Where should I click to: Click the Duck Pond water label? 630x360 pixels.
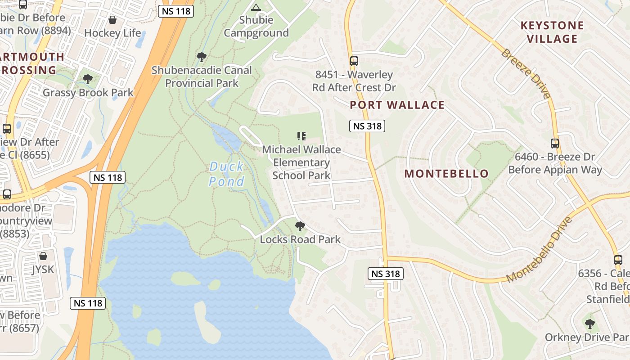click(227, 174)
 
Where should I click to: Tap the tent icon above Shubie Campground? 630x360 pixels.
click(256, 7)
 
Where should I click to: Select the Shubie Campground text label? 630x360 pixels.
click(256, 27)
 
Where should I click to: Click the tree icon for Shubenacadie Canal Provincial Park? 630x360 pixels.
click(202, 57)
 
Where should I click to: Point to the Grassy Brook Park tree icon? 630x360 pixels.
click(88, 79)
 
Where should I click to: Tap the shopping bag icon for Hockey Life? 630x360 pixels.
click(112, 20)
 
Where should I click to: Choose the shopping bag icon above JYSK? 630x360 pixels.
click(43, 256)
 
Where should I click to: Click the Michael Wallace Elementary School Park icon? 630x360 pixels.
click(301, 136)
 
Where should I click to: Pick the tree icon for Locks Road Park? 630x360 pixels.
click(300, 226)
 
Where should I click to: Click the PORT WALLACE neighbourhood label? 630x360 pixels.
click(397, 105)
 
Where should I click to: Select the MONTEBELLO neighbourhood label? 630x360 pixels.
click(446, 174)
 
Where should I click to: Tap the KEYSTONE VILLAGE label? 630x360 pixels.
click(552, 32)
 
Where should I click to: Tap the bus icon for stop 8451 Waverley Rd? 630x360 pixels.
click(354, 61)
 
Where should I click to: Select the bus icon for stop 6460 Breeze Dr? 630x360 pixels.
click(555, 144)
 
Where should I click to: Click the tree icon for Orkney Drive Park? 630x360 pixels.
click(589, 324)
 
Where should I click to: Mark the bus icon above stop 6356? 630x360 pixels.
click(618, 260)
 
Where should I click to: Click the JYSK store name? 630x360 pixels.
click(43, 270)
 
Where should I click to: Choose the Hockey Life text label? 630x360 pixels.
click(112, 33)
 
